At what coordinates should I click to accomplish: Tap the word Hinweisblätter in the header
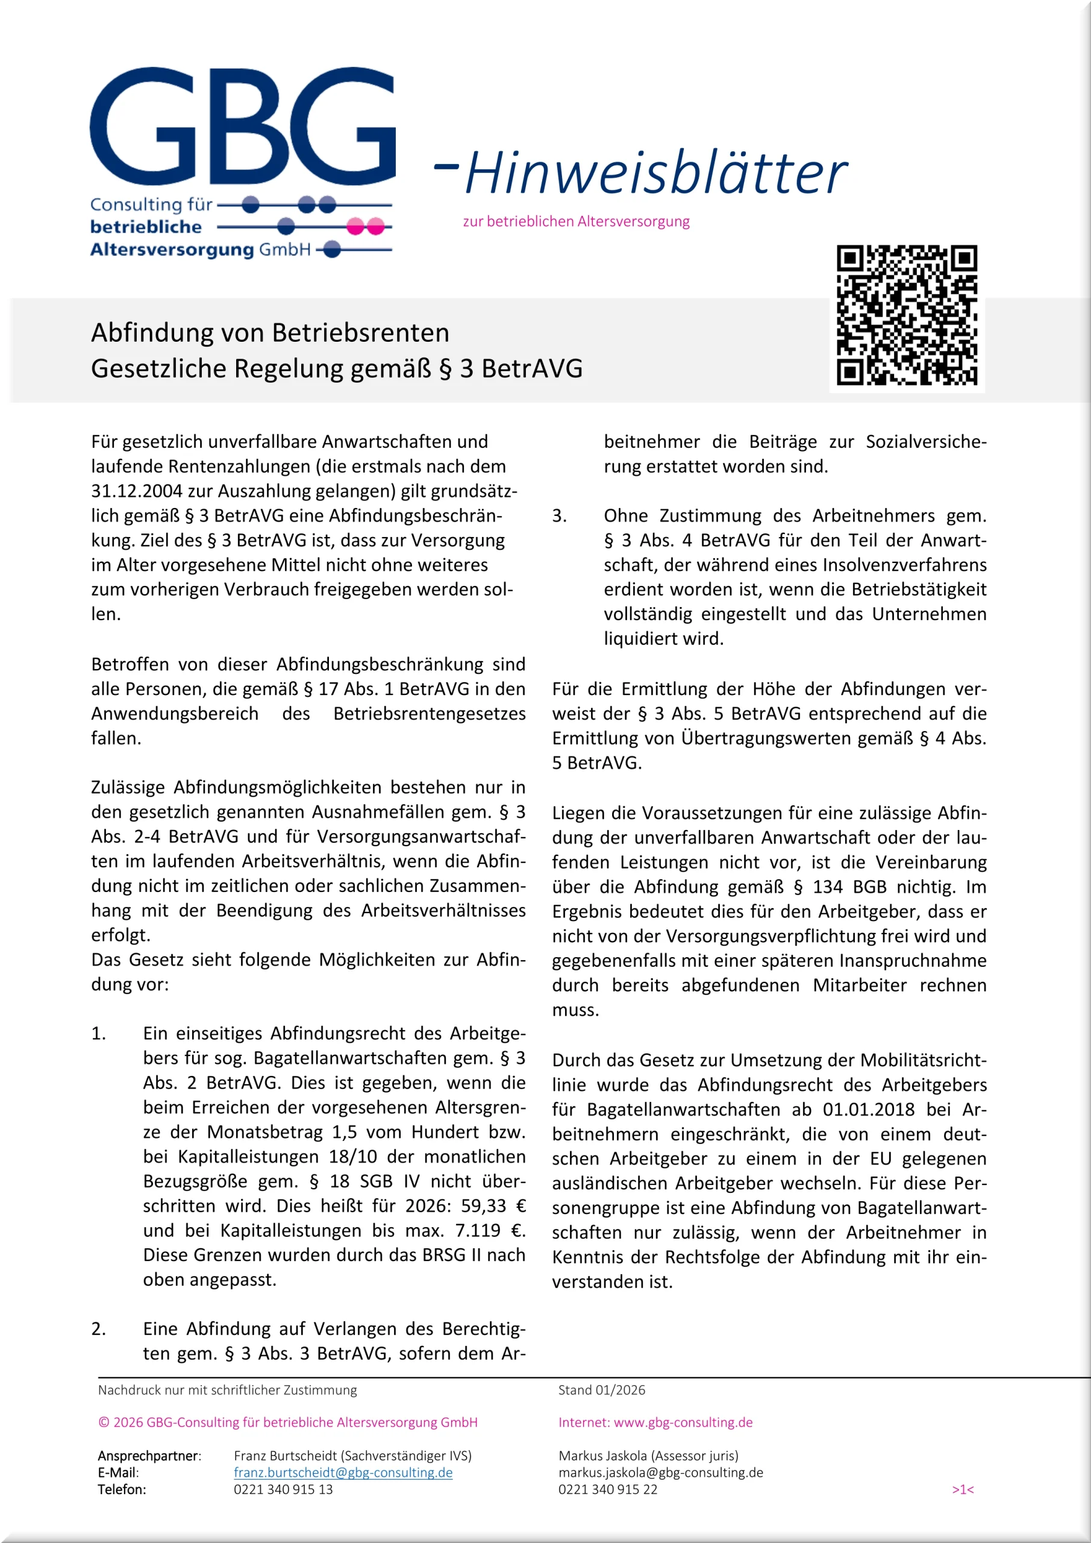(655, 173)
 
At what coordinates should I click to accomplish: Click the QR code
(906, 315)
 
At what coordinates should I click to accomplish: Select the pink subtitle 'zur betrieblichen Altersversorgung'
(576, 221)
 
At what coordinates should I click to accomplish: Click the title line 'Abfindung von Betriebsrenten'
(270, 333)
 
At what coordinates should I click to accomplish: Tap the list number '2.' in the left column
(99, 1328)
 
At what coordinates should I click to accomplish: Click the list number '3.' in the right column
(560, 515)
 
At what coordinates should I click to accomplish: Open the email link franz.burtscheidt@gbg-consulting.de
(343, 1472)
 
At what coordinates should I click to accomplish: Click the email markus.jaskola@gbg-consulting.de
(660, 1472)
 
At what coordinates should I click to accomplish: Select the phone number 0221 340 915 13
(283, 1489)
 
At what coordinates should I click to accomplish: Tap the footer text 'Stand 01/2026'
(601, 1390)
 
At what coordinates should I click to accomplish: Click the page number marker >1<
(962, 1490)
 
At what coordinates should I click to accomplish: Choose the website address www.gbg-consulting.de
(683, 1422)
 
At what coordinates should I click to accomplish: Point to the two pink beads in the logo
(366, 227)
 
